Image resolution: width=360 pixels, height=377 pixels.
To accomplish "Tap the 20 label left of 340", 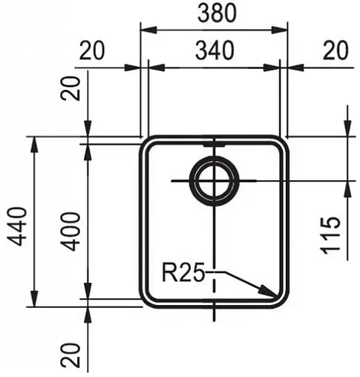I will pyautogui.click(x=93, y=50).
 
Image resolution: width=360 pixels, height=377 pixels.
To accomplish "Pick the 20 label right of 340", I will pyautogui.click(x=336, y=50).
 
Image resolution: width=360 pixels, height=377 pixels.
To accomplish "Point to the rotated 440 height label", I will pyautogui.click(x=16, y=221).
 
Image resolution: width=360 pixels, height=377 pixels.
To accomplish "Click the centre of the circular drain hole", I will pyautogui.click(x=214, y=180).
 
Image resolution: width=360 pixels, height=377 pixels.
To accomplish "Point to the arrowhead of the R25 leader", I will pyautogui.click(x=273, y=293).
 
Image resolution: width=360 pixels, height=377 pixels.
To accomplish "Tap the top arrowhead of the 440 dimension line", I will pyautogui.click(x=34, y=142).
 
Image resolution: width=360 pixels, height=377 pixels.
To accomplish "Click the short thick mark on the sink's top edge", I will pyautogui.click(x=214, y=140).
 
